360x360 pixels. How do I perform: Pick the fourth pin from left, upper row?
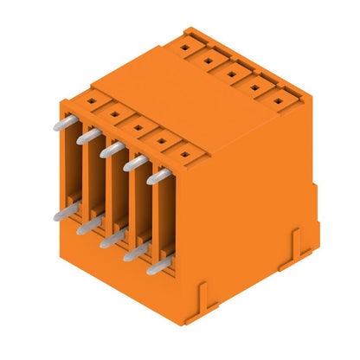coord(135,162)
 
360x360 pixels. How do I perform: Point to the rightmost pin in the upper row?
coord(158,176)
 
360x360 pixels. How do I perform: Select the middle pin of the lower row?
coord(111,240)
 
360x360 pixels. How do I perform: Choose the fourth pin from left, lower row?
coord(134,253)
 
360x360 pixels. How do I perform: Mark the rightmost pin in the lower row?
coord(157,267)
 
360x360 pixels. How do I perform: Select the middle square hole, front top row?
coord(137,126)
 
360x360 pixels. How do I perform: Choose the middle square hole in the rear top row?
coord(232,73)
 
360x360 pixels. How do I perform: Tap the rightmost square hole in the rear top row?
coord(279,100)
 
